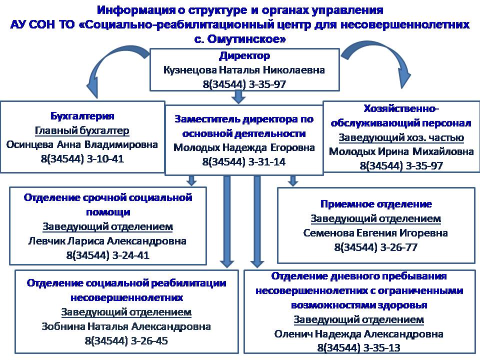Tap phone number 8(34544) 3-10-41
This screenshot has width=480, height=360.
pos(82,159)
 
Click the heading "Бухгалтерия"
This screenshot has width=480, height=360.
pos(82,116)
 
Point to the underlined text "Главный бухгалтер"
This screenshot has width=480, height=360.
pos(82,130)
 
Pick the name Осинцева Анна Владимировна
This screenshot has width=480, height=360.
pos(82,145)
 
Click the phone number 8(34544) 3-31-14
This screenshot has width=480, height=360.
pos(244,162)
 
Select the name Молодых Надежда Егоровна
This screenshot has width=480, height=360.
pos(244,148)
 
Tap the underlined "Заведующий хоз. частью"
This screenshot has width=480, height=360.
pos(401,137)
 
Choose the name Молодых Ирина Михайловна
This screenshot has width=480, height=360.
pos(401,151)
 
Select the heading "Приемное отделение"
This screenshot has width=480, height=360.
pos(375,204)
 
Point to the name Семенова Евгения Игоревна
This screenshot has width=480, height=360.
pos(375,233)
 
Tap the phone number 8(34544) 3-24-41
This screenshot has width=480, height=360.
pos(107,255)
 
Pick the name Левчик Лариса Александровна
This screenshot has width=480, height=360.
pos(107,241)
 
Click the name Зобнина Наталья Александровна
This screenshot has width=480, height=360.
pos(126,326)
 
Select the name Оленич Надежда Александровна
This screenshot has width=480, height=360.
pos(358,333)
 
